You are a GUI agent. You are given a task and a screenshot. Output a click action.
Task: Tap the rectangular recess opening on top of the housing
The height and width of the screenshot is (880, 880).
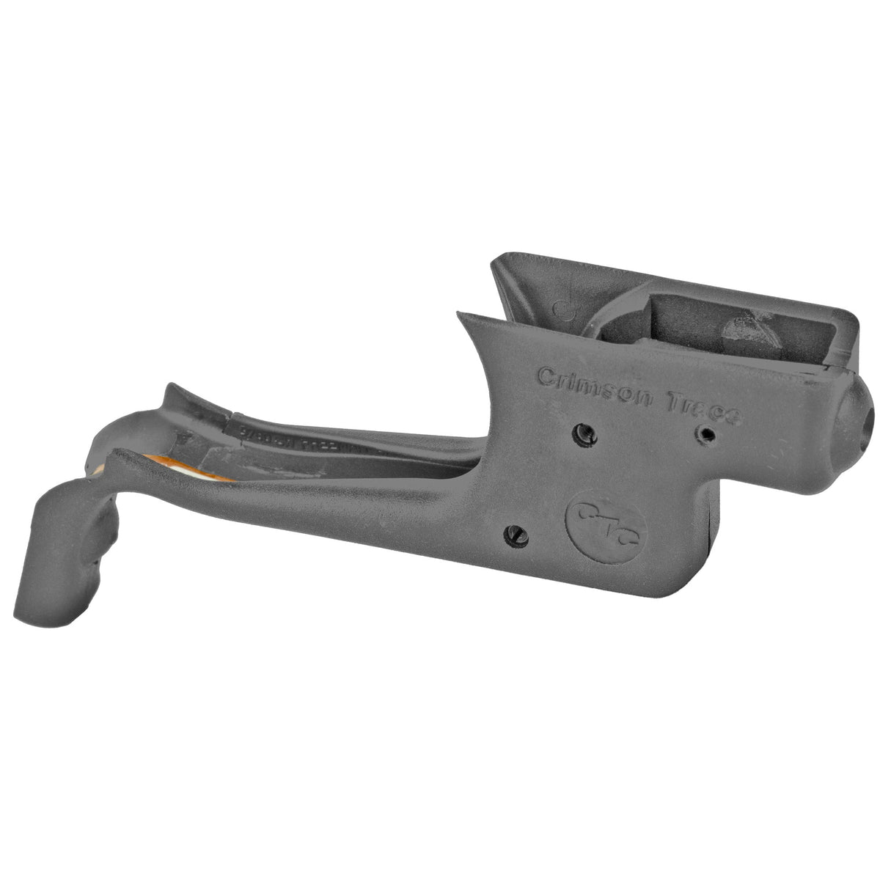click(x=704, y=330)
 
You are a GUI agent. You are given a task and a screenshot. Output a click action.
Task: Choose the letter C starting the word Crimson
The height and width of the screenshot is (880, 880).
click(x=546, y=376)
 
